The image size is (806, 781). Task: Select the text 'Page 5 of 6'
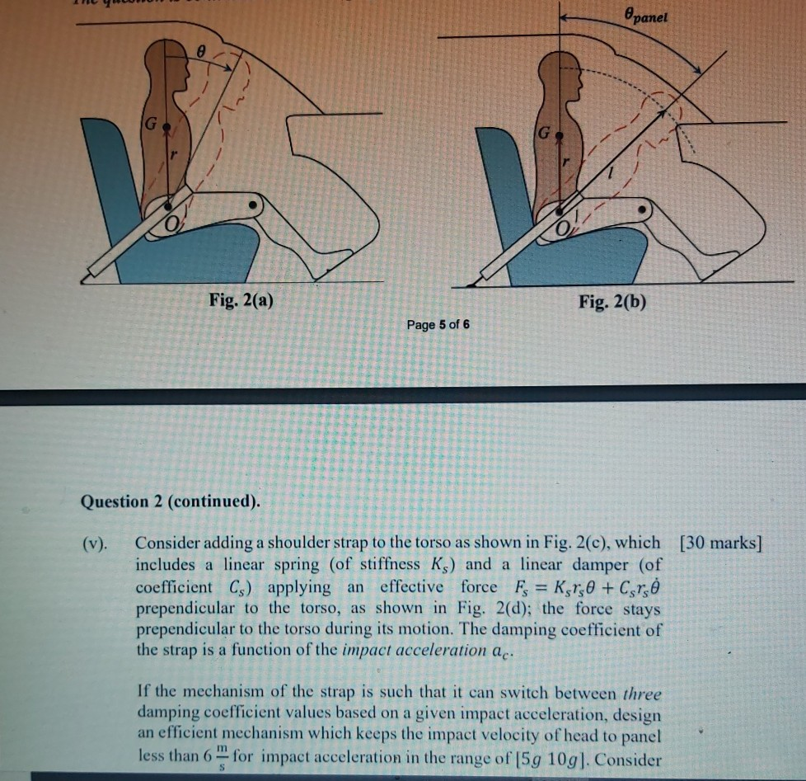click(438, 324)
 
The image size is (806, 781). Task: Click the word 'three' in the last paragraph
click(643, 692)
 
